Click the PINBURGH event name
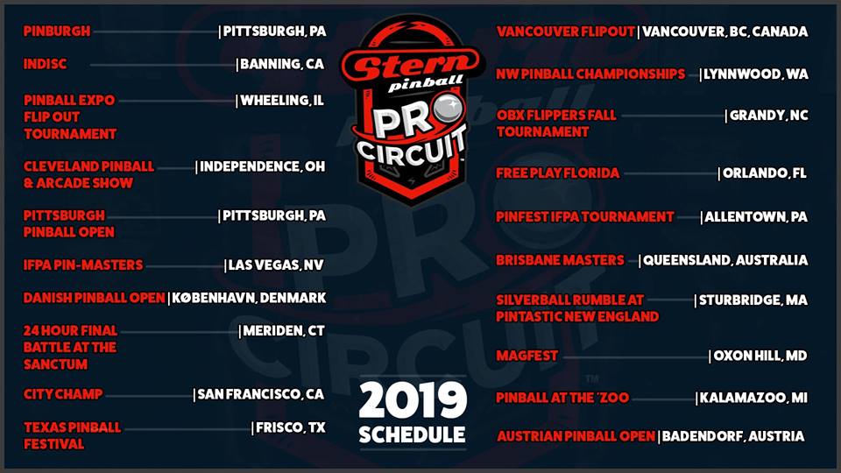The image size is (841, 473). (x=57, y=32)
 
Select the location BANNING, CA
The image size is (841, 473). (x=282, y=64)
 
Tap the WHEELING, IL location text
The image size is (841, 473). (x=282, y=100)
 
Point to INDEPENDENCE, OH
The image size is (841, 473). (x=263, y=166)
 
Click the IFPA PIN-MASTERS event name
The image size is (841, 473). (x=83, y=265)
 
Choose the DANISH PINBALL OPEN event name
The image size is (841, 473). (x=94, y=298)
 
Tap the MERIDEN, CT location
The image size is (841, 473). (x=284, y=331)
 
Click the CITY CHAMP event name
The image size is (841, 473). (x=63, y=394)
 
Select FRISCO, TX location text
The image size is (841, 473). (x=291, y=427)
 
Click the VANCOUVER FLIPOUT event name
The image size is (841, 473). (x=566, y=32)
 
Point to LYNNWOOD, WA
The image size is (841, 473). (x=756, y=74)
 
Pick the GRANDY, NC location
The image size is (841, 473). (x=768, y=116)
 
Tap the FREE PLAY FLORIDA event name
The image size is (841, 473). (x=558, y=173)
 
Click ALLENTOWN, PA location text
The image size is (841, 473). (x=756, y=216)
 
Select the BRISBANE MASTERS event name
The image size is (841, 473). (x=560, y=260)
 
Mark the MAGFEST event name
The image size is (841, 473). (x=527, y=356)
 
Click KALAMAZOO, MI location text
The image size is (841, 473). (x=753, y=398)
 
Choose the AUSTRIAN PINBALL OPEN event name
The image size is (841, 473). (x=576, y=436)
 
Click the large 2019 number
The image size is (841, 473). (x=413, y=400)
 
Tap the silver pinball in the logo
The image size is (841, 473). (x=449, y=107)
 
